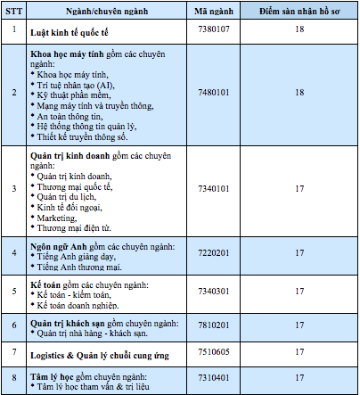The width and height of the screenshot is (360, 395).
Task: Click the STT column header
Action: point(14,11)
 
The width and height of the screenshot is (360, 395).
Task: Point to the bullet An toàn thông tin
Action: point(70,116)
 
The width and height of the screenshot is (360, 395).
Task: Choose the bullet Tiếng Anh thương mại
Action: point(78,266)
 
